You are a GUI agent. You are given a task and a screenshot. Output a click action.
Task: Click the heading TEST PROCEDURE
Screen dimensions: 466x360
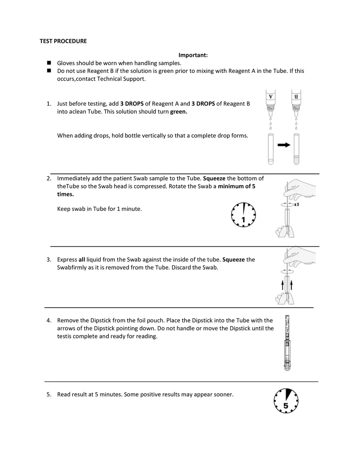[63, 41]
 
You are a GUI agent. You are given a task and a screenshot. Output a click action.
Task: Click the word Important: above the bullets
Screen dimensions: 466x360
[193, 55]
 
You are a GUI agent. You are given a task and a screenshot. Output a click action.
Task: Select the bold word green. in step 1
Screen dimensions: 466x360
[179, 112]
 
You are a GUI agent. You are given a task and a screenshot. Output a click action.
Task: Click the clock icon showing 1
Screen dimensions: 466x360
[243, 214]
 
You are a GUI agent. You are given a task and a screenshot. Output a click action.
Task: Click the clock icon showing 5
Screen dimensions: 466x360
[286, 401]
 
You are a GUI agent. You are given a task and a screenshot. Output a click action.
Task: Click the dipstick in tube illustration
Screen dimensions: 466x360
[288, 344]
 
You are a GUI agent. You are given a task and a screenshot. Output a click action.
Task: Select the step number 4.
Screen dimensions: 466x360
[49, 320]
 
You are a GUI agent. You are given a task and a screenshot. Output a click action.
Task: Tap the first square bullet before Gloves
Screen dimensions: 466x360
[49, 63]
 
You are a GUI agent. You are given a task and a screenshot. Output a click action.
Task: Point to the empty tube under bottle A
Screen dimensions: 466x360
[270, 149]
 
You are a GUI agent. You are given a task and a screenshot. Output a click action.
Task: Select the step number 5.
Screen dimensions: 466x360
[49, 394]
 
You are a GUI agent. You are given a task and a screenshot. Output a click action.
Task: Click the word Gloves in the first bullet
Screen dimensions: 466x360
[66, 63]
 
